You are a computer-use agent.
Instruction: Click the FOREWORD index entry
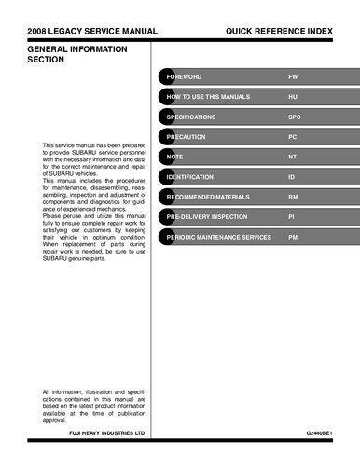coord(184,75)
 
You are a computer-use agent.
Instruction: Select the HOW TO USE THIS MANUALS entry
coord(207,96)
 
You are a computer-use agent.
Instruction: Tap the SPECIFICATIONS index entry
coord(191,116)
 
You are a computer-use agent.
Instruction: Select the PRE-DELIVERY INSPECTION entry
coord(207,217)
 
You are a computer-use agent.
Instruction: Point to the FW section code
coord(293,75)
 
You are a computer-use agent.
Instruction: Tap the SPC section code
coord(294,116)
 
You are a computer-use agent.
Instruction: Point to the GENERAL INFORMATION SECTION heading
coord(67,53)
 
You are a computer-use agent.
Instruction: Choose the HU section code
coord(293,96)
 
